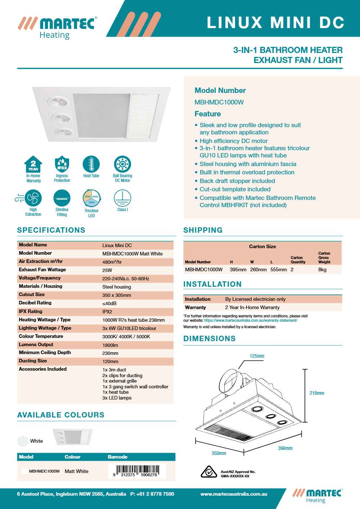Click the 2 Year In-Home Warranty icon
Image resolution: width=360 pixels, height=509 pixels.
tap(33, 165)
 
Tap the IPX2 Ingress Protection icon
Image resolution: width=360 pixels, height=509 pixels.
tap(62, 165)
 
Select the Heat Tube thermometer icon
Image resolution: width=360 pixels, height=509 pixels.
tap(91, 164)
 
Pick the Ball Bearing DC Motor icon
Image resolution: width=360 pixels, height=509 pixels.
tap(122, 164)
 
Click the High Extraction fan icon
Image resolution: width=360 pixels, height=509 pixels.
tap(33, 198)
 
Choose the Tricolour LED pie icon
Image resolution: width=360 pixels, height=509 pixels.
tap(91, 198)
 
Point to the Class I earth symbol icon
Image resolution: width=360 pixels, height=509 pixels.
tap(122, 198)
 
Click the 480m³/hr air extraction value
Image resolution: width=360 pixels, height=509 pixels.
tap(112, 262)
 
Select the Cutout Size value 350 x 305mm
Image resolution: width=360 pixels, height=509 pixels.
tap(117, 295)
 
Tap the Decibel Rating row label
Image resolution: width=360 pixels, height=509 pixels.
tap(35, 303)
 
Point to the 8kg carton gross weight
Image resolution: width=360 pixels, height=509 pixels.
tap(322, 269)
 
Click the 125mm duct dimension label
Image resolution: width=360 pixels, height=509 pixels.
tap(257, 356)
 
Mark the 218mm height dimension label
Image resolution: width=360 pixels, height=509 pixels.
tap(317, 393)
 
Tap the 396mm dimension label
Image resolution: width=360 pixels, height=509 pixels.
tap(285, 448)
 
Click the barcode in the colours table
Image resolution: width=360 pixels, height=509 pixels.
tap(137, 470)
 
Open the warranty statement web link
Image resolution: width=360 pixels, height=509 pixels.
tap(251, 320)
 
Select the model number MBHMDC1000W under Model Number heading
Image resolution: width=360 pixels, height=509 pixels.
tap(219, 102)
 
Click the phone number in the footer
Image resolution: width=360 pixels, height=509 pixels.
tap(152, 494)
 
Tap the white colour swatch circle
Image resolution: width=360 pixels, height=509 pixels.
tap(23, 441)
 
